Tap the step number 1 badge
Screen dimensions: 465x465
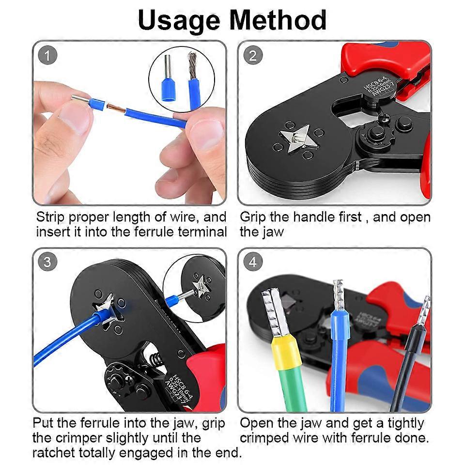[47, 56]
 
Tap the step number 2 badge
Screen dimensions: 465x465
[253, 56]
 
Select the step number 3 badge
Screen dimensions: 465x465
[47, 262]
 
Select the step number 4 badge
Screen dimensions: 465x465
[253, 262]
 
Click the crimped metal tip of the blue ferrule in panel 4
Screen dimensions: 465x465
[340, 295]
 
